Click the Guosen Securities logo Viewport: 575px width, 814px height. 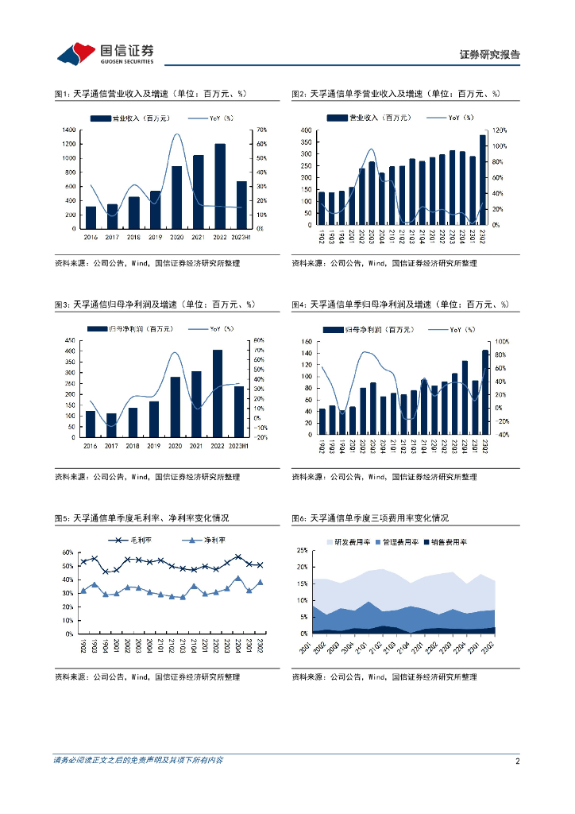click(105, 52)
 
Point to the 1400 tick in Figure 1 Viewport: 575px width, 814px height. click(68, 130)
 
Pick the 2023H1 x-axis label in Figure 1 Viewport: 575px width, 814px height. click(241, 236)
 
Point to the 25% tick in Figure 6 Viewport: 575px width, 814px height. click(302, 550)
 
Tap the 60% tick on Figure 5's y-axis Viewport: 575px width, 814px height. click(68, 552)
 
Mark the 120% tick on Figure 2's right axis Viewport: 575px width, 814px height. click(500, 130)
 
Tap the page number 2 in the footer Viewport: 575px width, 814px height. click(517, 761)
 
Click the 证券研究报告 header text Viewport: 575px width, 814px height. click(490, 55)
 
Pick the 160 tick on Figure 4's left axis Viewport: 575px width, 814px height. click(305, 342)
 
